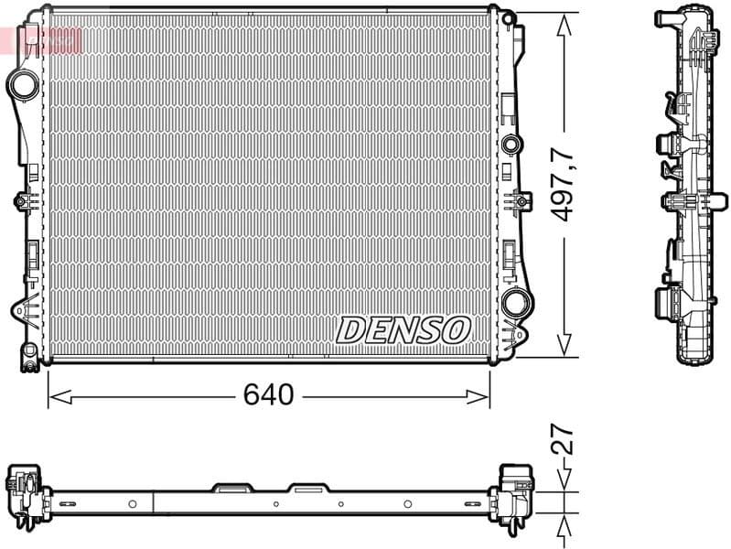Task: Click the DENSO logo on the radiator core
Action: [x=403, y=329]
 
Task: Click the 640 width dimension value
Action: [x=268, y=395]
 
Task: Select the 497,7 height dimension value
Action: [x=565, y=184]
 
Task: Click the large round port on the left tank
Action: [x=22, y=84]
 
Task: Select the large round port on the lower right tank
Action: [x=515, y=304]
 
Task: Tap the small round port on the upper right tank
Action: [x=511, y=144]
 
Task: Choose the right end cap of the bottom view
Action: [x=518, y=493]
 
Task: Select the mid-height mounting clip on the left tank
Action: [x=22, y=201]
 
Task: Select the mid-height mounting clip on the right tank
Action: [x=521, y=200]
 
